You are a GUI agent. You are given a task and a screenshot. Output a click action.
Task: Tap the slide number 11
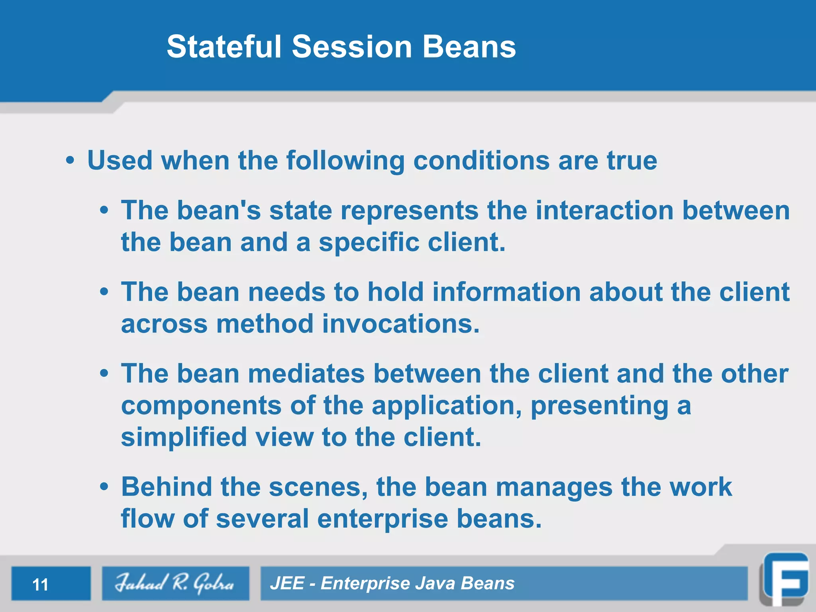(40, 585)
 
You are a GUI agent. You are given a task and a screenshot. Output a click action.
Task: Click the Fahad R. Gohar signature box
(175, 583)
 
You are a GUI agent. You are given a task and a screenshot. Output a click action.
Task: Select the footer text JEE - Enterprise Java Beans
(392, 583)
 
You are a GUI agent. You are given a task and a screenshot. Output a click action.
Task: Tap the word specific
(369, 242)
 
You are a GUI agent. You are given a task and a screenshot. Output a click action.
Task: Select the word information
(506, 292)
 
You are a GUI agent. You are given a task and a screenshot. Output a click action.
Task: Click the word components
(201, 406)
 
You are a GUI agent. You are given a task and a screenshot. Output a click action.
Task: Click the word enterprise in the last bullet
(382, 519)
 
